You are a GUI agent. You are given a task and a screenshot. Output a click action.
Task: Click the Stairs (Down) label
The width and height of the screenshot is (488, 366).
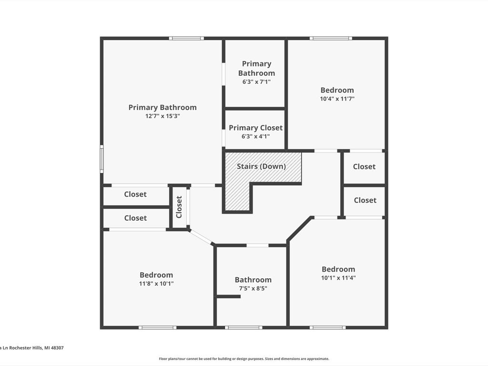pos(261,166)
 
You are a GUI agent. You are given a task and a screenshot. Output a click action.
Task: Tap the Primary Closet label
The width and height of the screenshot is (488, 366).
pos(255,128)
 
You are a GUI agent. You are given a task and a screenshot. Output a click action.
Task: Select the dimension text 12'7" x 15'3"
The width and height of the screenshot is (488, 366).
pos(163,116)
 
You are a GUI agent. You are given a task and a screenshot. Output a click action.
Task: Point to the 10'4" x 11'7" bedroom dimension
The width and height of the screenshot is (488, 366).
pos(337,99)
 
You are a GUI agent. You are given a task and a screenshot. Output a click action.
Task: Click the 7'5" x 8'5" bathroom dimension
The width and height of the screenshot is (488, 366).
pos(253,288)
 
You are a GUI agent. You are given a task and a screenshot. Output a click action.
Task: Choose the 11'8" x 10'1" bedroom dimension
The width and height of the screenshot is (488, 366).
pos(156,284)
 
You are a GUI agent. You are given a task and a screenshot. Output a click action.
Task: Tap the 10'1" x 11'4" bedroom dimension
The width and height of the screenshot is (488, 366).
pos(338,278)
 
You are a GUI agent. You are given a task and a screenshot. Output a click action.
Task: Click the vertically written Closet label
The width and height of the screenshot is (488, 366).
pos(179,207)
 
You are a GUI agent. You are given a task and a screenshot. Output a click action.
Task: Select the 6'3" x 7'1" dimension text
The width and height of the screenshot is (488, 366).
pos(256,82)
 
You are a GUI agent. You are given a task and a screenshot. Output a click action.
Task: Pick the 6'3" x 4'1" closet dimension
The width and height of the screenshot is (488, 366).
pos(255,136)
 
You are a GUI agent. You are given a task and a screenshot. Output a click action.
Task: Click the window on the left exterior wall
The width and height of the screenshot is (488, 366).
pos(102,159)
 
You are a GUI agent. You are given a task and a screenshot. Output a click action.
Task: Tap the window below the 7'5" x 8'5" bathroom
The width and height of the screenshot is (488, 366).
pos(244,327)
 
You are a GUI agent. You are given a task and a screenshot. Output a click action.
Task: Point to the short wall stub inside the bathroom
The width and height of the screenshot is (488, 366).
pos(228,296)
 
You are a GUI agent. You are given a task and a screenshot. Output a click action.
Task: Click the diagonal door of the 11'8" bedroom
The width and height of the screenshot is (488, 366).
pos(201,237)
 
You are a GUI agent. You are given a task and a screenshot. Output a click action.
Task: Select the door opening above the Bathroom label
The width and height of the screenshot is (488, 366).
pos(257,245)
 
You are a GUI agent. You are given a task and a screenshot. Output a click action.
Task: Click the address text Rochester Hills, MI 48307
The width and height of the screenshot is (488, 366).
pos(36,347)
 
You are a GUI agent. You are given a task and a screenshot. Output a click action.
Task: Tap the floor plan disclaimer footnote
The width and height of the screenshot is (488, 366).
pos(244,359)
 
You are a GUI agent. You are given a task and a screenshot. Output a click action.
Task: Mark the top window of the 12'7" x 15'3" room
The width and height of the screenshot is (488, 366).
pos(186,38)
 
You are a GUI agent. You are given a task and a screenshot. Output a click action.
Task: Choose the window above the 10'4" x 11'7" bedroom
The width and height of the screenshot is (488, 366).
pos(331,38)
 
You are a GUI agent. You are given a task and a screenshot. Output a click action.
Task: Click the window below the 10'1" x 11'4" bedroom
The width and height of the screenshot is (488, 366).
pos(327,327)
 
